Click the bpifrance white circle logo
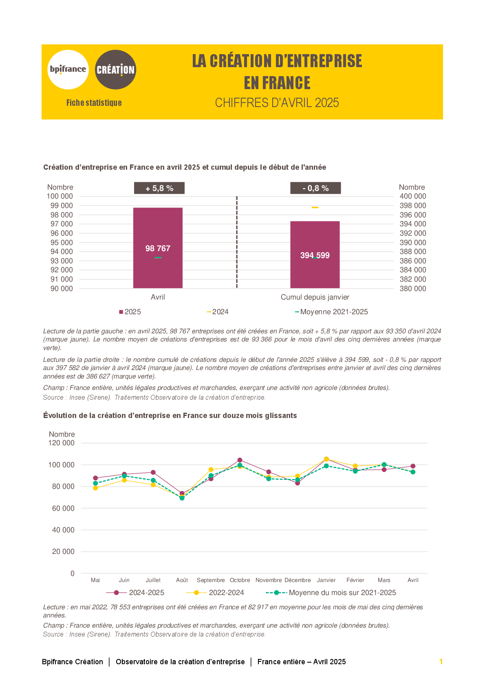(x=68, y=70)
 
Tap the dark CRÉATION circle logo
(x=115, y=70)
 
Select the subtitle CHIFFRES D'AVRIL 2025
(x=277, y=103)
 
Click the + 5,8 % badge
(x=159, y=188)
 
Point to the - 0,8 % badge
(x=315, y=188)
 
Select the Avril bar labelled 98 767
(x=158, y=248)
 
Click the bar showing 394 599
(x=315, y=255)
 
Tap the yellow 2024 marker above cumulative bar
(x=315, y=208)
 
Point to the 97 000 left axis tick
(x=62, y=224)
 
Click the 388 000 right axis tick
(x=412, y=252)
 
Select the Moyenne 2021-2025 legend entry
(x=331, y=312)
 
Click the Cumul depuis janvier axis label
(x=315, y=297)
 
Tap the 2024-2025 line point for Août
(x=182, y=493)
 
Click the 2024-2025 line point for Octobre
(x=240, y=460)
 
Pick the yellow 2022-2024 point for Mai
(x=95, y=488)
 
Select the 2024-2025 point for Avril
(x=413, y=466)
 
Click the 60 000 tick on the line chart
(x=63, y=508)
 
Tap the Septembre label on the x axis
(x=211, y=580)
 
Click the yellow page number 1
(x=441, y=661)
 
